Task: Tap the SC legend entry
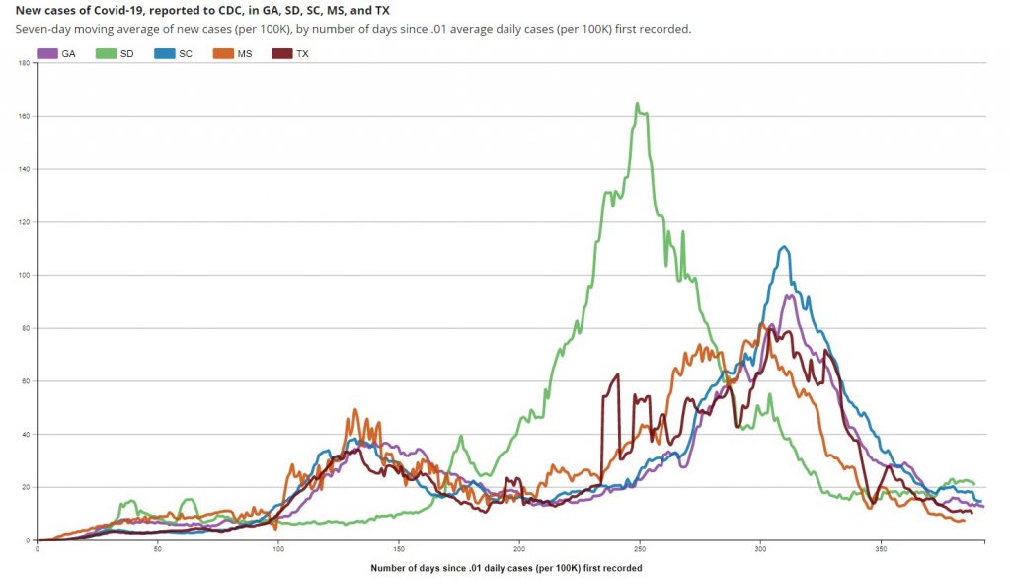(175, 53)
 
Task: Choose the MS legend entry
(233, 53)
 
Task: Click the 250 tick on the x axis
(640, 548)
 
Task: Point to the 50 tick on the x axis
(158, 548)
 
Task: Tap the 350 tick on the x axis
(881, 548)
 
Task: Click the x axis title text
(505, 568)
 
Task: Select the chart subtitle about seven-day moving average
(353, 29)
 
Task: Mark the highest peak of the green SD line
(638, 103)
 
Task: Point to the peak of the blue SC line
(784, 247)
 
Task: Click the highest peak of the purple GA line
(790, 295)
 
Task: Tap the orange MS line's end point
(963, 520)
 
